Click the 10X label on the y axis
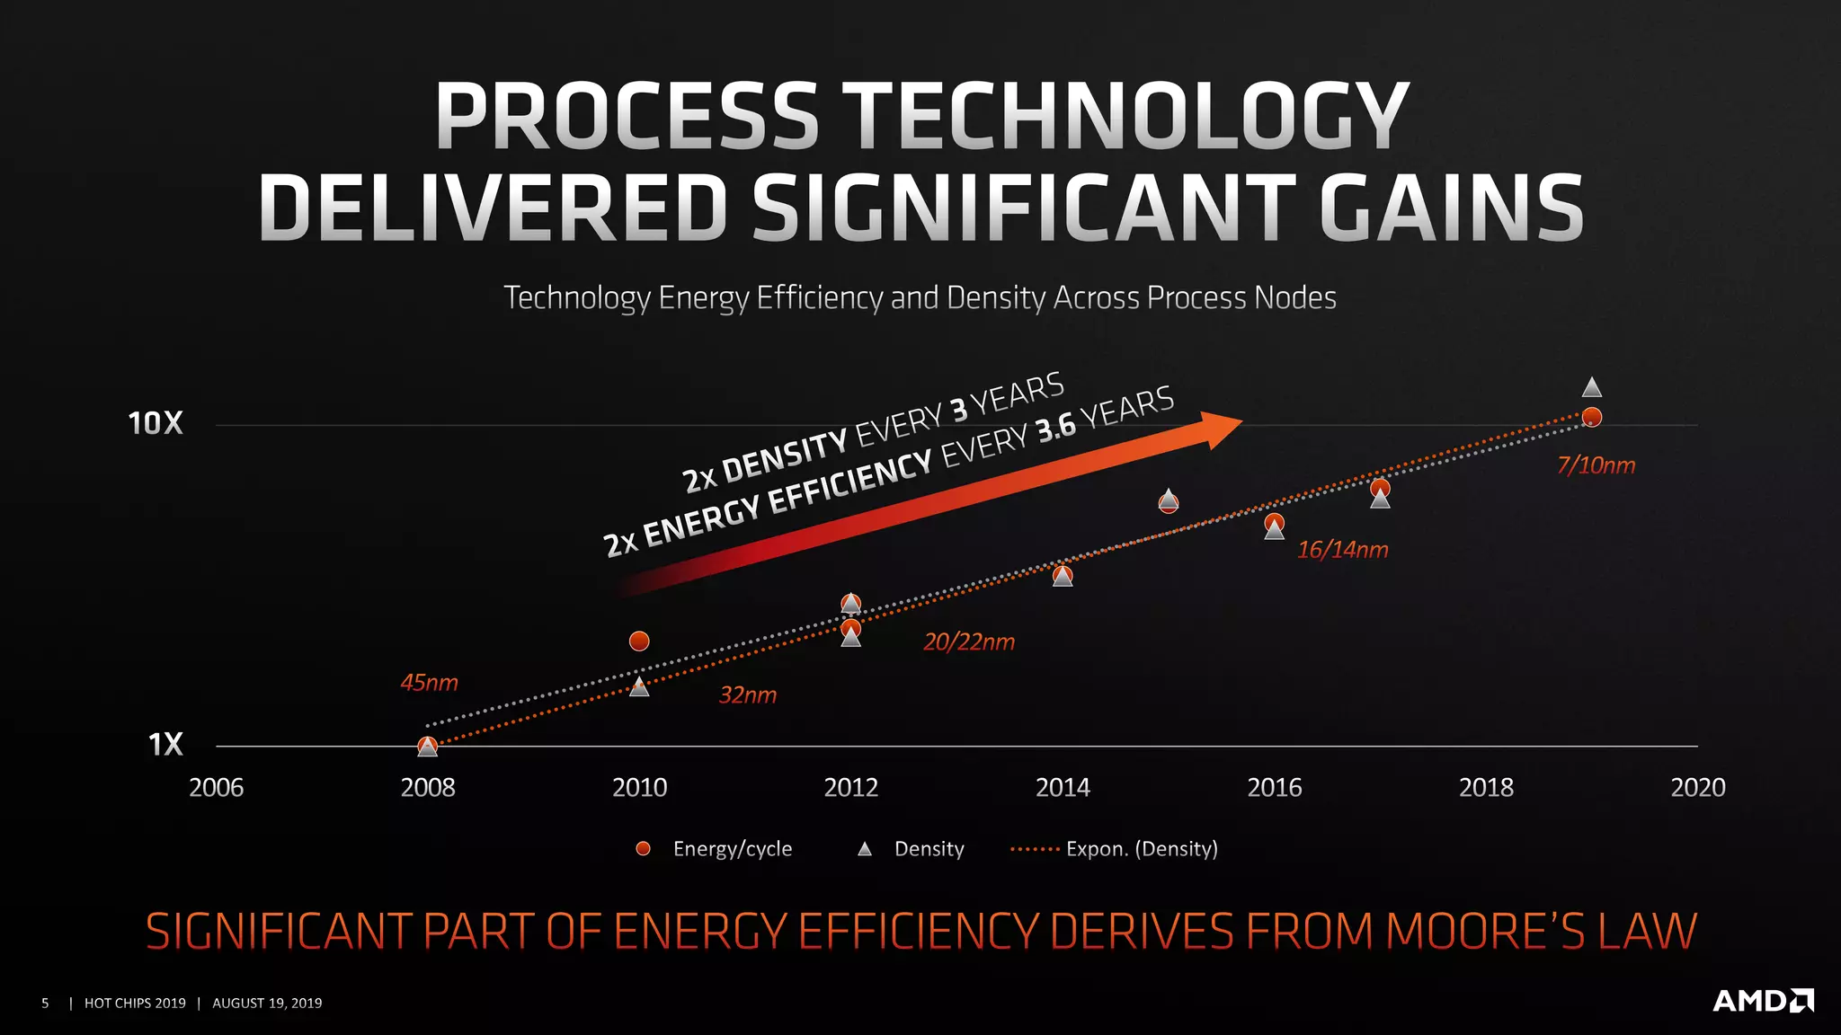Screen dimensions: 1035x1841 click(x=156, y=423)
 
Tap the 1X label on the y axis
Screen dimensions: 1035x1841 click(x=165, y=745)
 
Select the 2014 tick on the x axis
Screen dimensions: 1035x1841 click(x=1063, y=788)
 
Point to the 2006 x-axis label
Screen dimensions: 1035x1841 click(x=216, y=788)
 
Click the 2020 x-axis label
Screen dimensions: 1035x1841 click(x=1697, y=788)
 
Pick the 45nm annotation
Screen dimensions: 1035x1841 click(x=429, y=683)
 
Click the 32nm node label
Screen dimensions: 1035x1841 click(x=747, y=695)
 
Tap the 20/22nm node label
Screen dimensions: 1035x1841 click(x=968, y=642)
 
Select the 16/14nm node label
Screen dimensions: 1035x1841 click(x=1342, y=550)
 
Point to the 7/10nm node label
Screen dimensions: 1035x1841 click(x=1596, y=465)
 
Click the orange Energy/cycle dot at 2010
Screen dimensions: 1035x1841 click(x=639, y=641)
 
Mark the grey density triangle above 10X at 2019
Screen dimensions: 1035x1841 click(x=1591, y=388)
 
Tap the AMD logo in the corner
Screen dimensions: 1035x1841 click(x=1763, y=1001)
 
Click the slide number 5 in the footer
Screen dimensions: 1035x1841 click(x=45, y=1003)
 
